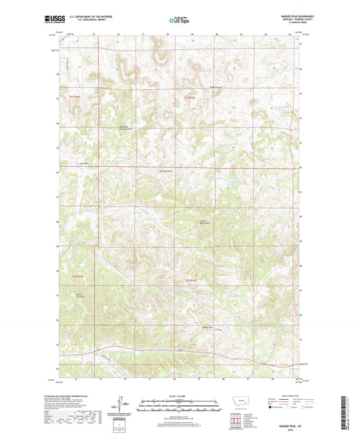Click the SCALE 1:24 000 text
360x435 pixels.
(180, 395)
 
